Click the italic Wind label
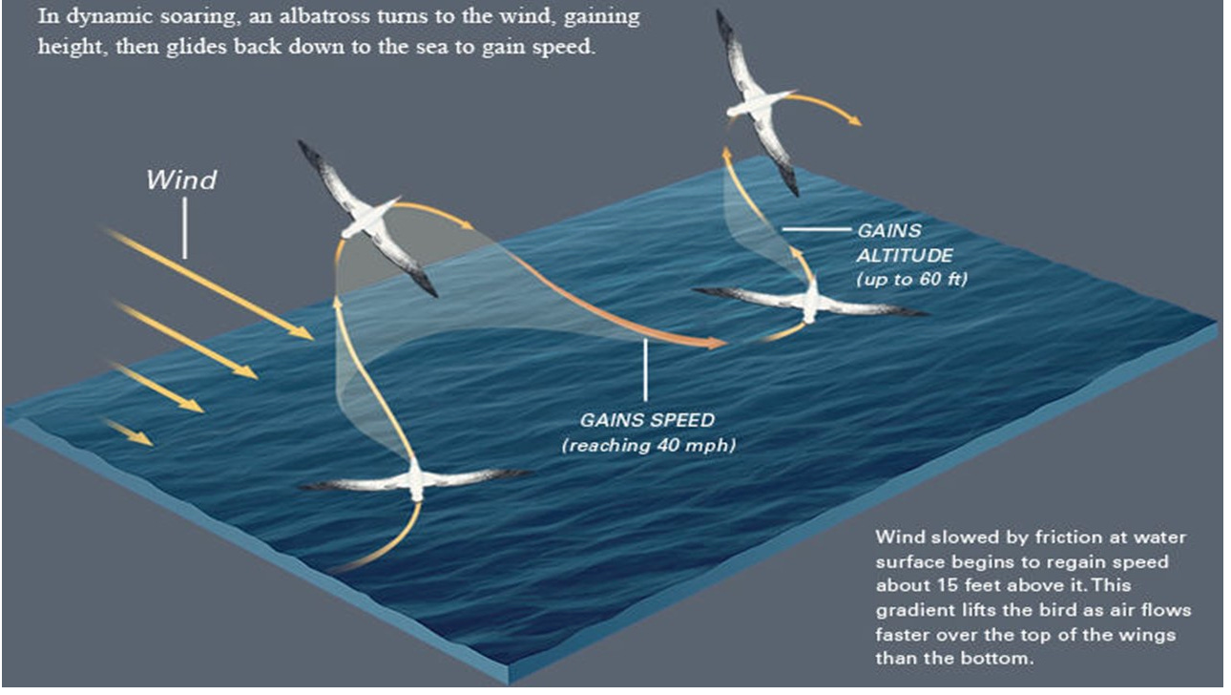coord(181,179)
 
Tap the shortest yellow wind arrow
coord(128,432)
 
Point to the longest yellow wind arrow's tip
coord(309,337)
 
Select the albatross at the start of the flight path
coord(415,479)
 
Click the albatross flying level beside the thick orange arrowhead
coord(810,300)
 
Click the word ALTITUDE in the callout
coord(903,255)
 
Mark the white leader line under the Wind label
coord(185,229)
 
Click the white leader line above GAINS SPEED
coord(646,370)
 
